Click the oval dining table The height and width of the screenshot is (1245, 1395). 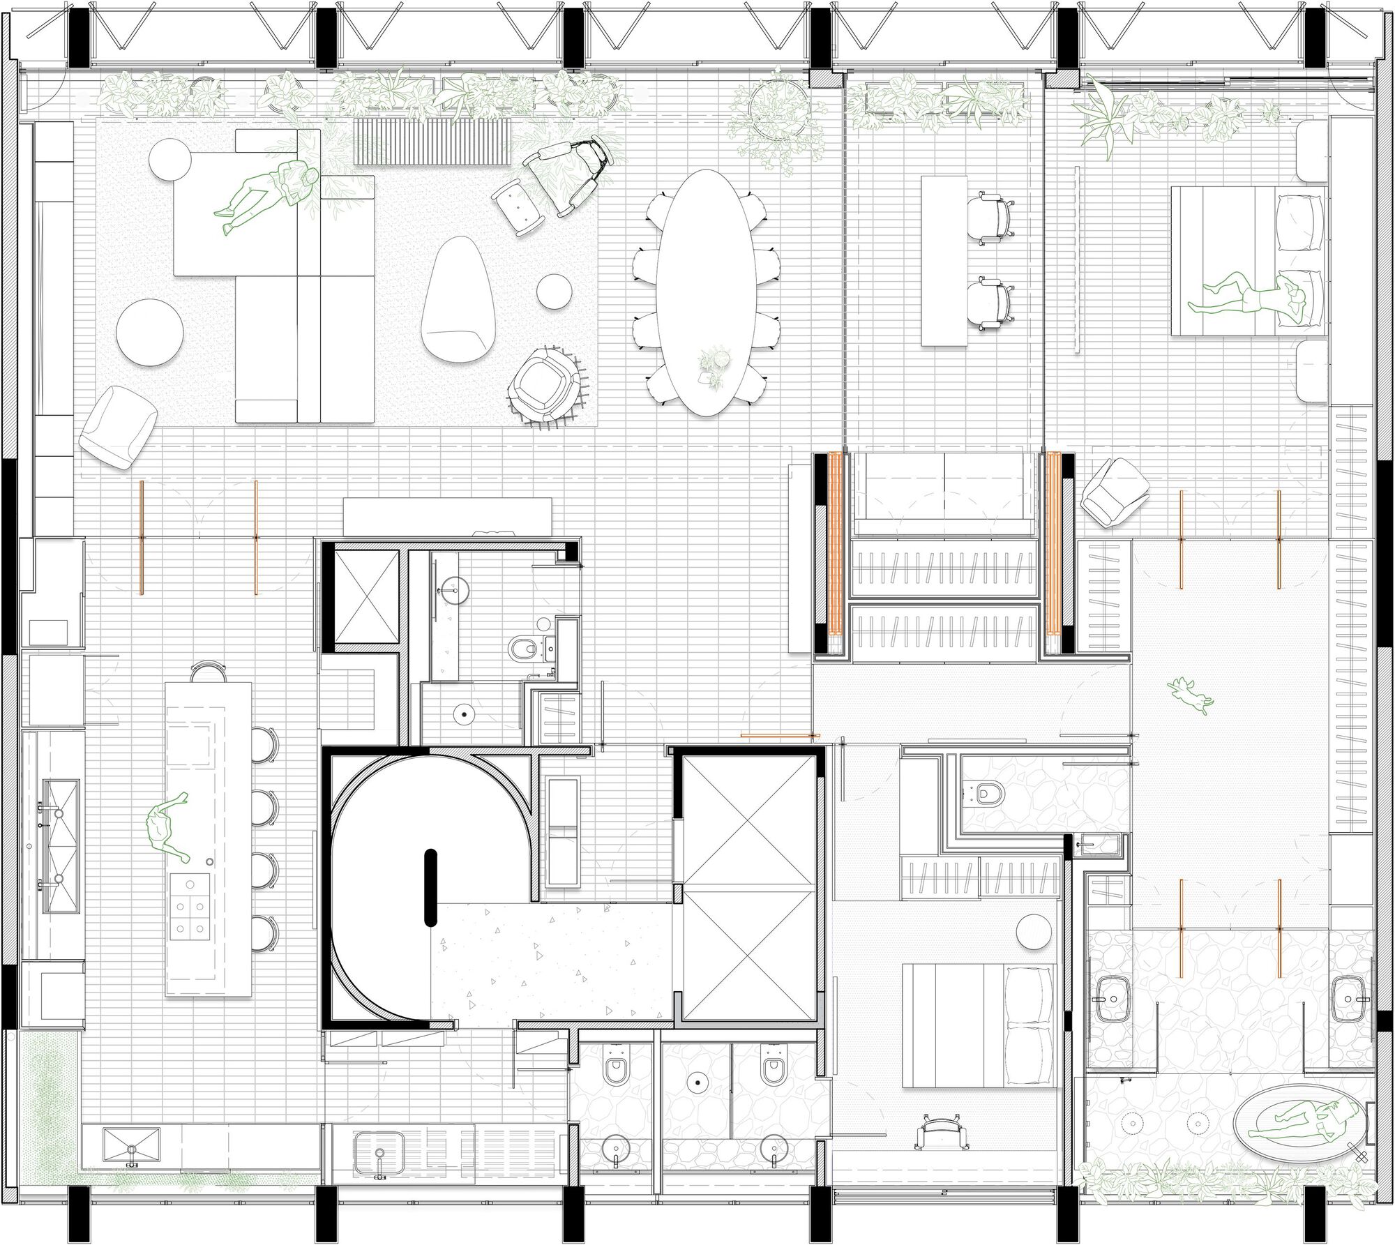(x=706, y=293)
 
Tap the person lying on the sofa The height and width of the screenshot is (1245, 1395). (x=269, y=195)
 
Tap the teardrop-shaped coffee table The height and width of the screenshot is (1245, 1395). (x=456, y=300)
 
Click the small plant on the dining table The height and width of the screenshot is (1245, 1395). (x=715, y=365)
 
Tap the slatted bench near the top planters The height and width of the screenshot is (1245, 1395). (x=432, y=141)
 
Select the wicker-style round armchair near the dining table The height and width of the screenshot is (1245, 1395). (x=545, y=387)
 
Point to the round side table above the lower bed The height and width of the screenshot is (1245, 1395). (x=1033, y=931)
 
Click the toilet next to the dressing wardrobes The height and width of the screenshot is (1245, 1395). (x=989, y=793)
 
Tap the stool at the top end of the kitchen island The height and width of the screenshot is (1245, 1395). (x=209, y=672)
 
